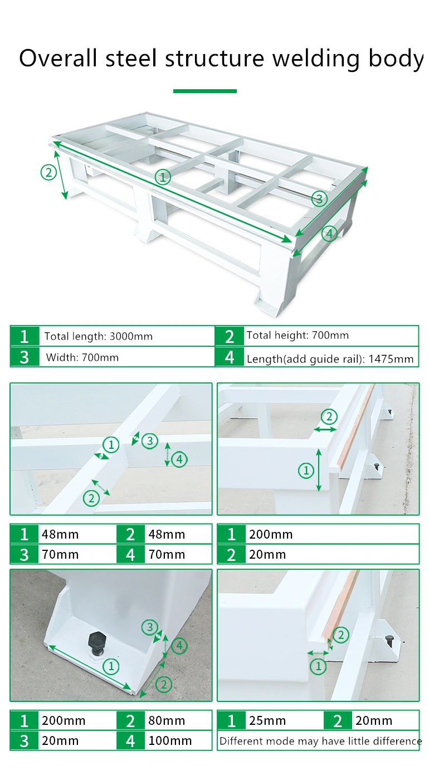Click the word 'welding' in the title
click(x=316, y=59)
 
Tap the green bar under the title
click(x=204, y=91)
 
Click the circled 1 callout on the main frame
click(x=163, y=177)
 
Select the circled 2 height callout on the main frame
click(x=48, y=172)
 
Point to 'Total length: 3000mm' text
click(x=98, y=336)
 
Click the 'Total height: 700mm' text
click(x=298, y=335)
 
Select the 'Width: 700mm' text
click(x=82, y=357)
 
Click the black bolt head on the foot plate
click(x=97, y=641)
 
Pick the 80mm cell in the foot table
click(x=167, y=720)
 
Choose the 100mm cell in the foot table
click(x=170, y=740)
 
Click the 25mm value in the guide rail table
click(x=267, y=720)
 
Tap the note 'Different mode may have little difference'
click(x=320, y=741)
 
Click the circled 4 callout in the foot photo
click(x=179, y=646)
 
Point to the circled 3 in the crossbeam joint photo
click(x=150, y=440)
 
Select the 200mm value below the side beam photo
click(x=271, y=534)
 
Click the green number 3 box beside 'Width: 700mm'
click(x=25, y=357)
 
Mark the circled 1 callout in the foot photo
click(x=111, y=666)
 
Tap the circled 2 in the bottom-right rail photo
click(x=341, y=635)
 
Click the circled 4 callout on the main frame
click(x=329, y=234)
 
